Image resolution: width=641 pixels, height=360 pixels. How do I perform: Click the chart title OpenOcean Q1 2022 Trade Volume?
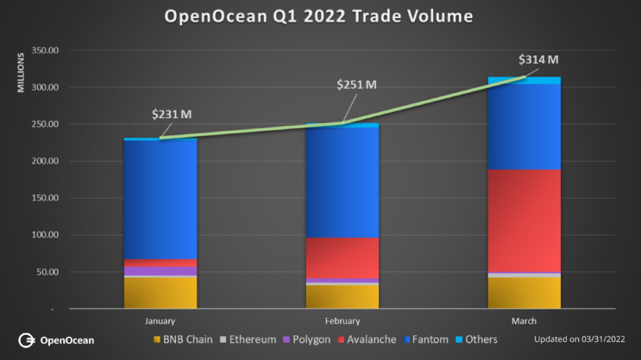[x=318, y=16]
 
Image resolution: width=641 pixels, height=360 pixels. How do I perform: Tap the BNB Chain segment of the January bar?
[x=161, y=293]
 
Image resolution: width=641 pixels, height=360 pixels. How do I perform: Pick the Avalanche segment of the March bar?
[x=524, y=220]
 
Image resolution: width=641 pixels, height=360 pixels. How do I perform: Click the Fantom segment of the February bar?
[x=342, y=183]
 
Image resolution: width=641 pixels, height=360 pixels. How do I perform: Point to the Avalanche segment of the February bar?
[x=342, y=258]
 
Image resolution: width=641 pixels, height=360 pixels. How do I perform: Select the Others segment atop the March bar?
[x=524, y=80]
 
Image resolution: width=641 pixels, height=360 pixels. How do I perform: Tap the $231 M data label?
[x=172, y=113]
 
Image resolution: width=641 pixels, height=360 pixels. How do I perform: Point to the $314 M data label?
[x=539, y=59]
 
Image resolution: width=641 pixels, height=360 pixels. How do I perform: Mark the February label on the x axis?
[x=342, y=321]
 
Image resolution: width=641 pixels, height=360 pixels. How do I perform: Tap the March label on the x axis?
[x=524, y=321]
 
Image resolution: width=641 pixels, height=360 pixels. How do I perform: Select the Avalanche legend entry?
[x=366, y=340]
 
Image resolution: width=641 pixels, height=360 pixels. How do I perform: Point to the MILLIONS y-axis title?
[x=20, y=72]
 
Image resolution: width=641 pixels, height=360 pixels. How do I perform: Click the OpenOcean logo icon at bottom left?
[x=26, y=340]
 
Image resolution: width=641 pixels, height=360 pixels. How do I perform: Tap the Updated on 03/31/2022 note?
[x=579, y=340]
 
